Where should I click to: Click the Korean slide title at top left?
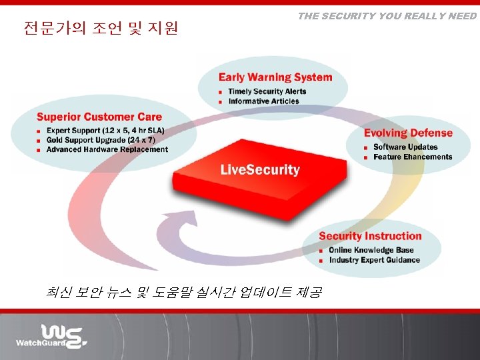(101, 29)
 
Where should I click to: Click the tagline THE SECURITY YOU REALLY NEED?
(387, 16)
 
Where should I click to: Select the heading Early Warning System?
(275, 77)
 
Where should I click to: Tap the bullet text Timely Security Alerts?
(267, 91)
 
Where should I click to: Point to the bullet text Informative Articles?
(263, 101)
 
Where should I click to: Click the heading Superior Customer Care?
(99, 117)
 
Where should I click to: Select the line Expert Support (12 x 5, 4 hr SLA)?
(105, 130)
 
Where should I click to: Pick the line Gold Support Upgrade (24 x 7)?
(101, 140)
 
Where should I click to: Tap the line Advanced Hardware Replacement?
(107, 149)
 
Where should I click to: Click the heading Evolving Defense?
(408, 133)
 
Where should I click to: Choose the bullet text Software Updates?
(405, 147)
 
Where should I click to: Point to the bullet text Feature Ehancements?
(413, 157)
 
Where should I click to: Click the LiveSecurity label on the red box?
(260, 170)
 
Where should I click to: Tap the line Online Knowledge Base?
(371, 250)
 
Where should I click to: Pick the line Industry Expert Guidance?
(374, 260)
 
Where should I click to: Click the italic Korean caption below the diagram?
(184, 292)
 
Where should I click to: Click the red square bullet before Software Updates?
(366, 147)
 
